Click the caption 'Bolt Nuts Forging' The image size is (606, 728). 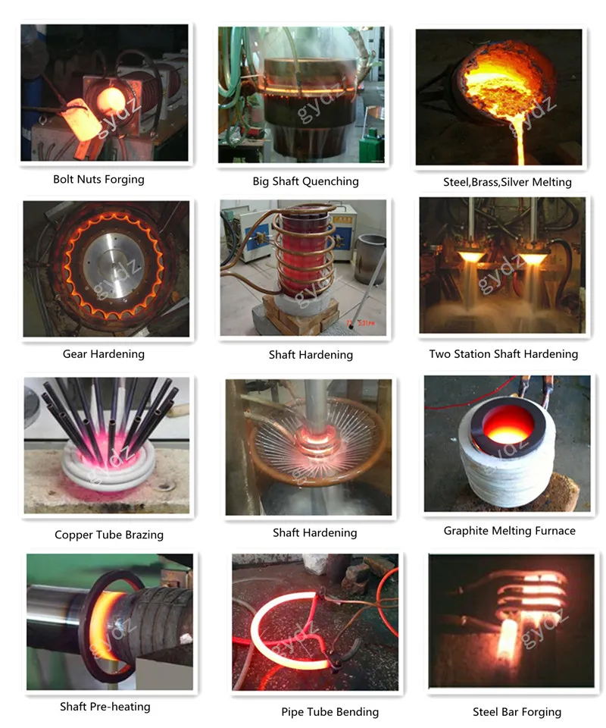click(x=98, y=180)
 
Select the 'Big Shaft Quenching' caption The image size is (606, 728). click(x=305, y=181)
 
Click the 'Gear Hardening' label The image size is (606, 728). click(x=104, y=354)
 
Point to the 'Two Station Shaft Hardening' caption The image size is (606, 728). click(x=503, y=354)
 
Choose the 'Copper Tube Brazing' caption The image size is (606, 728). click(x=109, y=535)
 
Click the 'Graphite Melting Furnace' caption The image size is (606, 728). click(x=509, y=531)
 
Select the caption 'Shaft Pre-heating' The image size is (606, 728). click(x=105, y=707)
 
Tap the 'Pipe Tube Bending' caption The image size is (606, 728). click(x=330, y=711)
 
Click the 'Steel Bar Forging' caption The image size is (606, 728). click(x=517, y=711)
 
